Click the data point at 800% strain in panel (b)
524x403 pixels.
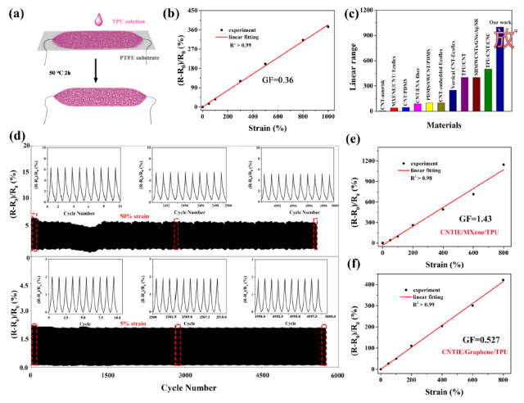303,39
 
